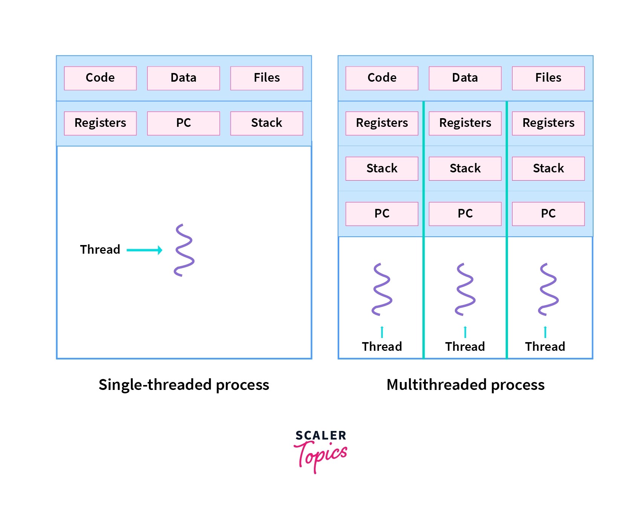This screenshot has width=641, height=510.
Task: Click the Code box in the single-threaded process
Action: pyautogui.click(x=100, y=78)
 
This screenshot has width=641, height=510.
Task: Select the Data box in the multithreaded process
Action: pyautogui.click(x=465, y=78)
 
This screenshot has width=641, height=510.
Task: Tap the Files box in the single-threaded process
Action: pyautogui.click(x=266, y=78)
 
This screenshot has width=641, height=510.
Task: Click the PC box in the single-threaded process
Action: pyautogui.click(x=184, y=123)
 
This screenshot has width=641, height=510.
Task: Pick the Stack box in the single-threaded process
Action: pyautogui.click(x=266, y=123)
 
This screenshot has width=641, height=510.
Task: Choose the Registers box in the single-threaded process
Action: pyautogui.click(x=100, y=123)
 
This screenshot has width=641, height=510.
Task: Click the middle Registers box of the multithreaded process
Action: pyautogui.click(x=465, y=123)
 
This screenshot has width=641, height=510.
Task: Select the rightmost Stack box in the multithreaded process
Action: pyautogui.click(x=548, y=168)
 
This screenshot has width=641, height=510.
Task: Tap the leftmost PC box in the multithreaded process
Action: pyautogui.click(x=382, y=213)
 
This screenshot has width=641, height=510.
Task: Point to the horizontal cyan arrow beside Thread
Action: pyautogui.click(x=144, y=250)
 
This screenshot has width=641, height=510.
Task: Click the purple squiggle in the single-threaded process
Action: pyautogui.click(x=184, y=250)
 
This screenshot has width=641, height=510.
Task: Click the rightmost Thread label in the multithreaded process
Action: pyautogui.click(x=545, y=346)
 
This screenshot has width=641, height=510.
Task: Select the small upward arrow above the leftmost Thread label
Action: pyautogui.click(x=382, y=332)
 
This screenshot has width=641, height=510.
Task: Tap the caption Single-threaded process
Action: pyautogui.click(x=184, y=385)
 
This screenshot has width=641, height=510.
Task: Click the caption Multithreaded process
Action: pyautogui.click(x=465, y=385)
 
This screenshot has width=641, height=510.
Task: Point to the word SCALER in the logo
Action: pyautogui.click(x=321, y=435)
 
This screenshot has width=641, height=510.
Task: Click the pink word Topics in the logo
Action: pyautogui.click(x=321, y=455)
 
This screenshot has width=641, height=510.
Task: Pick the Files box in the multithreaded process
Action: pyautogui.click(x=548, y=78)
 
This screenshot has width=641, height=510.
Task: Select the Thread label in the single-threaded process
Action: pyautogui.click(x=100, y=250)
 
